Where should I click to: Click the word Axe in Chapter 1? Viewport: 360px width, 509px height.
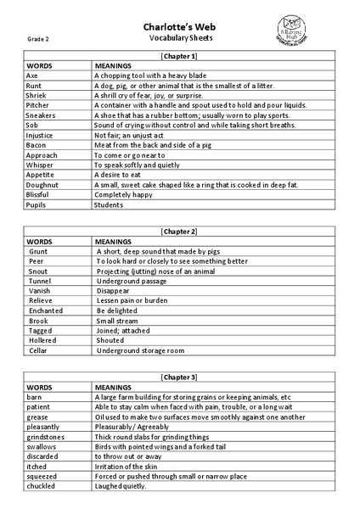(32, 76)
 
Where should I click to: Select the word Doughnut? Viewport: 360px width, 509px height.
(42, 184)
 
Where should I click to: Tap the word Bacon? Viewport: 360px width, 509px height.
(37, 145)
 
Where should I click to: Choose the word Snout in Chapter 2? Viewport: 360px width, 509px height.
(38, 271)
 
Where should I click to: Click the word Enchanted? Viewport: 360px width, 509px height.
(46, 310)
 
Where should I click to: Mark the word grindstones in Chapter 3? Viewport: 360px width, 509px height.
(47, 436)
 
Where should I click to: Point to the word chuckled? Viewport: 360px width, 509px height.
(41, 486)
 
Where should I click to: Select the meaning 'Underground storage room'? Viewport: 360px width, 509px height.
(140, 350)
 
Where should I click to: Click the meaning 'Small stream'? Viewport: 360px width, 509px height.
(119, 321)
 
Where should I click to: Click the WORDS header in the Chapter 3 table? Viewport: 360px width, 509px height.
(39, 387)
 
